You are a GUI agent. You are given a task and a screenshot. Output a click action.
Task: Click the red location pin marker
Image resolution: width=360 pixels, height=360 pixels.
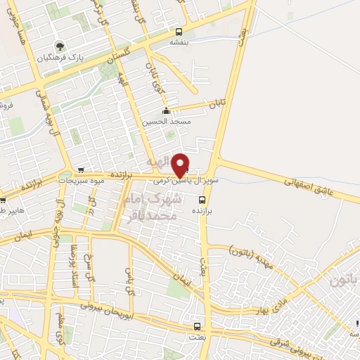point(181,165)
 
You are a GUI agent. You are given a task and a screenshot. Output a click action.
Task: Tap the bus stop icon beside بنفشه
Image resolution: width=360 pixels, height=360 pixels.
point(179,32)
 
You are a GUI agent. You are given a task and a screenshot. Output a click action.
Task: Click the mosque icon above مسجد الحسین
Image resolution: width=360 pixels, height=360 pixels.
point(166,111)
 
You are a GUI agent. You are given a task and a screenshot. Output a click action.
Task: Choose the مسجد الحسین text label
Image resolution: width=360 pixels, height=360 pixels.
point(167,122)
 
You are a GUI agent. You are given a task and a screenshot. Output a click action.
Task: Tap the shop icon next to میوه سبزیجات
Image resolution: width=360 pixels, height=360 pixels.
point(82,170)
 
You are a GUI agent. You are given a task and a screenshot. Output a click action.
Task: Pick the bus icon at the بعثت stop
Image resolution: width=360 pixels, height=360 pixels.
point(197,326)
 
